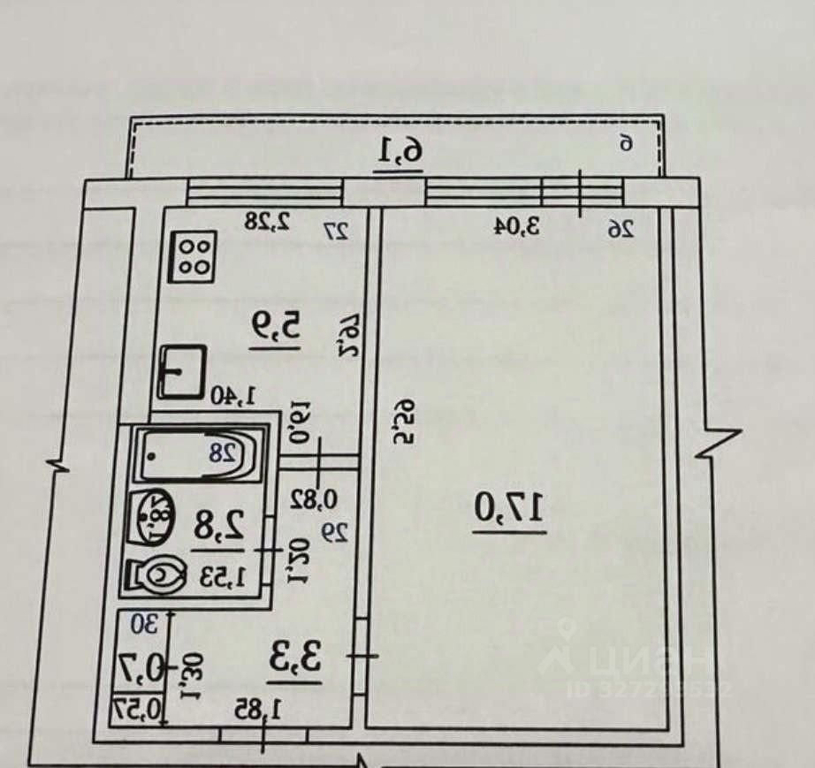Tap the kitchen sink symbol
coord(182,372)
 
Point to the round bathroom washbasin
coord(155,516)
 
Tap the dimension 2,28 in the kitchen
coord(268,222)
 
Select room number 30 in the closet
coord(143,624)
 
